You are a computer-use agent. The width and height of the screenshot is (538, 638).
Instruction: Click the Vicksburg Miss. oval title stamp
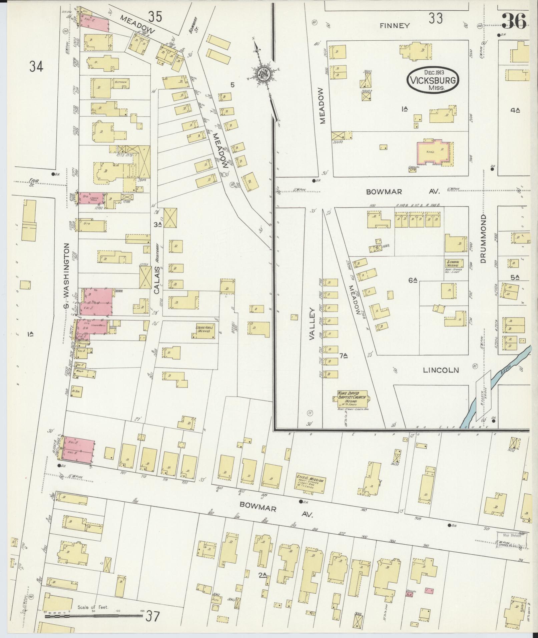tap(433, 80)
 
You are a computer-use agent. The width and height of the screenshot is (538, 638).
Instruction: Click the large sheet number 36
tap(514, 21)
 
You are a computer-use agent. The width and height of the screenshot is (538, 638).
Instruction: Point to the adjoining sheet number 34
tap(36, 66)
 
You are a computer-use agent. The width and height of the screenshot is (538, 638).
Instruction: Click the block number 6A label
tap(413, 280)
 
